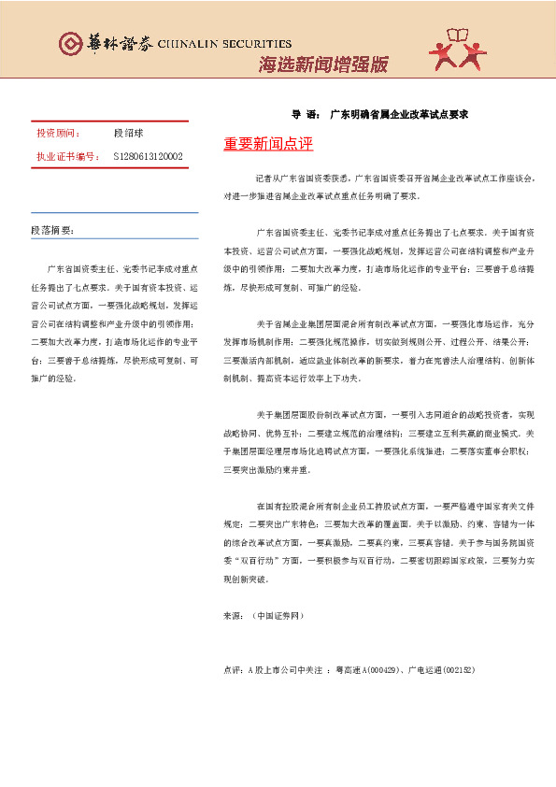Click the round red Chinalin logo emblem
pos(69,44)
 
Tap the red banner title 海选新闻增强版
pos(322,64)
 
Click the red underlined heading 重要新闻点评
pos(267,144)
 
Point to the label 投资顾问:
pos(59,135)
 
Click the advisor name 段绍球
pos(129,135)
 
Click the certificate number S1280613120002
pos(148,156)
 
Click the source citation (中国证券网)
pos(278,617)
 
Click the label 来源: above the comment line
pos(234,617)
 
